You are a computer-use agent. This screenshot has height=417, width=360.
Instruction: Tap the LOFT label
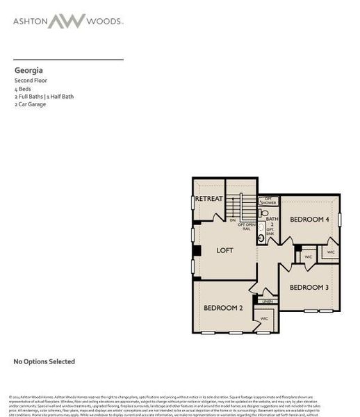pos(224,250)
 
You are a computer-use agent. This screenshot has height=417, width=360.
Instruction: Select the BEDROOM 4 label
pos(309,220)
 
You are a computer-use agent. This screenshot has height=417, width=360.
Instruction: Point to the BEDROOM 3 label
pos(309,287)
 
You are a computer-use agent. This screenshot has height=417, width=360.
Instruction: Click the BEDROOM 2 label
pos(222,307)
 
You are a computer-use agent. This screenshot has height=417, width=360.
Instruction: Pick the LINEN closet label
pos(268,302)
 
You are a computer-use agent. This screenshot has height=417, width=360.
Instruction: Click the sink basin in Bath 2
pos(261,238)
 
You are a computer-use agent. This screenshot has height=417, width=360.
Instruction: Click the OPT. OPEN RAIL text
pos(247,227)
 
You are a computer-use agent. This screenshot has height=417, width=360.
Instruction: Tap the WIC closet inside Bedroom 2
pos(264,318)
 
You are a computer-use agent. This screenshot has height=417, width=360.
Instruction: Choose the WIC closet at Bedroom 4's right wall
pos(331,252)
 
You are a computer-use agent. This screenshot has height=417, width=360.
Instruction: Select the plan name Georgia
pos(28,69)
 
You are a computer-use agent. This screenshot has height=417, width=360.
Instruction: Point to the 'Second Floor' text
pos(31,81)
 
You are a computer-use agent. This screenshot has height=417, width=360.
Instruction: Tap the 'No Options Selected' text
pos(44,361)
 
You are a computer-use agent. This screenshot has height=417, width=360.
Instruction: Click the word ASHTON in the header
pos(31,22)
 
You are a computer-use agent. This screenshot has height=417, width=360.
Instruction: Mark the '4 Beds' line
pos(23,89)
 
